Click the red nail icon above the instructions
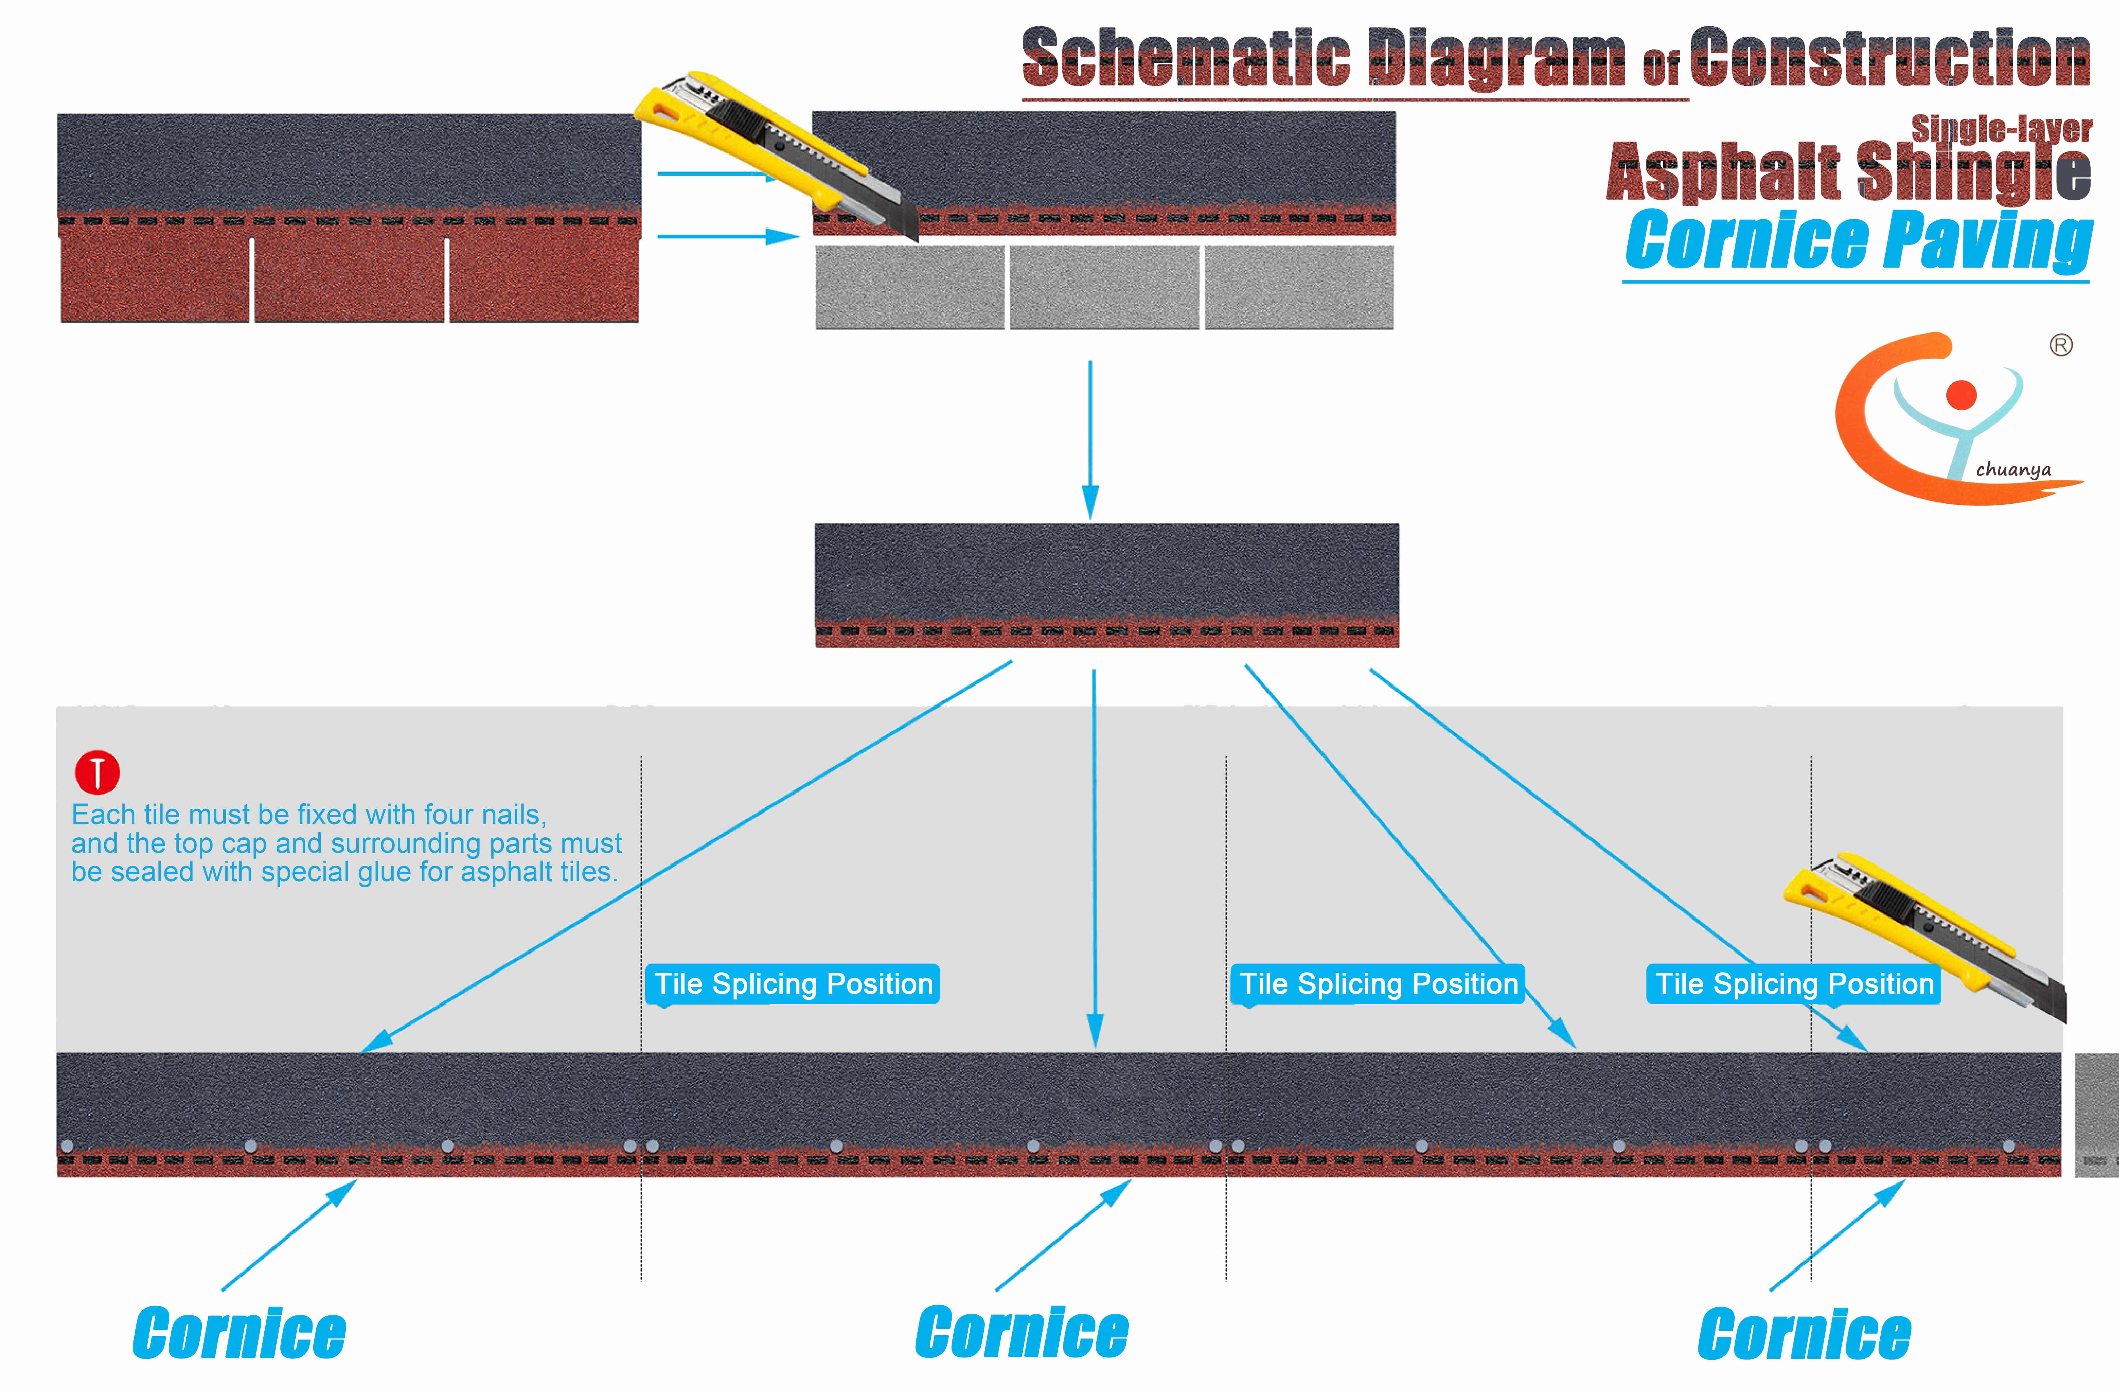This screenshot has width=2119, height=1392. (x=97, y=772)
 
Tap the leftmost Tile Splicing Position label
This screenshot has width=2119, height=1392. (x=792, y=984)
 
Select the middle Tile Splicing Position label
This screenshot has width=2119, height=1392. (x=1377, y=984)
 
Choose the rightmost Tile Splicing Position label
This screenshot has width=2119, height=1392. (x=1793, y=984)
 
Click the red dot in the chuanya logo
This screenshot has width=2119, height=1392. (x=1961, y=395)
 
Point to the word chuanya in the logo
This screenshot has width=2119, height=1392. (x=2013, y=469)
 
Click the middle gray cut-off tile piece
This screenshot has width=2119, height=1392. (x=1104, y=288)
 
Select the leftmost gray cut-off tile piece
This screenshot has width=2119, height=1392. (x=909, y=288)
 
